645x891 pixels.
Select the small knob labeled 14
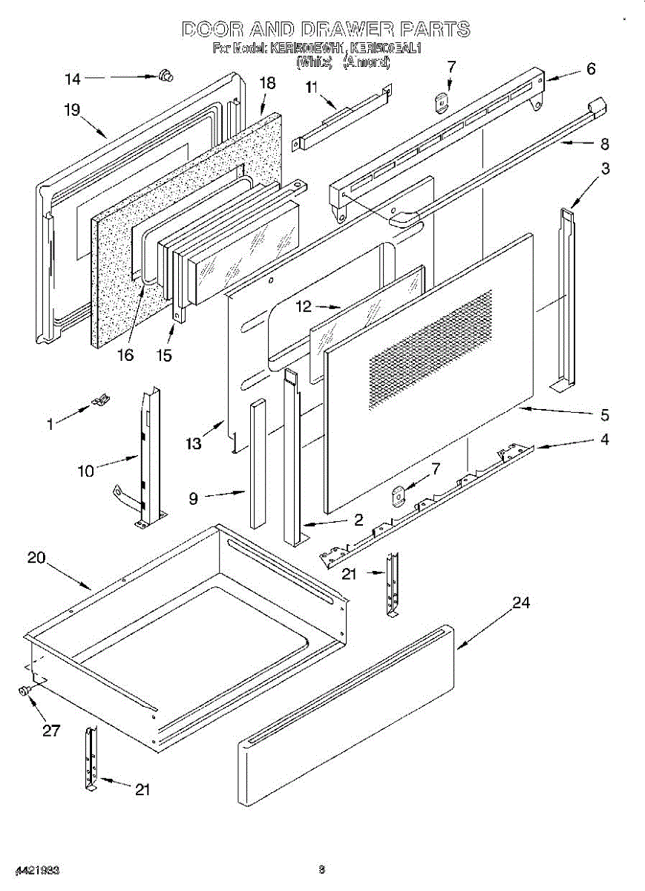[165, 74]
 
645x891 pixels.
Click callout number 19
[72, 111]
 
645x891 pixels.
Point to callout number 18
[267, 83]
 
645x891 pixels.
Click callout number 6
[591, 69]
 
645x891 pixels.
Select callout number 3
[606, 169]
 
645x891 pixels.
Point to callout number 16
[125, 354]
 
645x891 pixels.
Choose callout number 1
[50, 425]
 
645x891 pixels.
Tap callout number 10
[86, 469]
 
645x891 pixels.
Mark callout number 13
[194, 443]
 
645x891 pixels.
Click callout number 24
[522, 603]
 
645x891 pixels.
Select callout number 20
[37, 558]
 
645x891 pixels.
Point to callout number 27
[50, 730]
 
